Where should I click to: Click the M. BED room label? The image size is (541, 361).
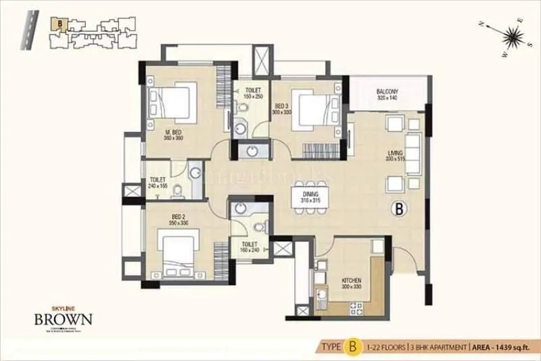tap(174, 133)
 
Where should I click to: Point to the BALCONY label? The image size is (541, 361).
tap(387, 92)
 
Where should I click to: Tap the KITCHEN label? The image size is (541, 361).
tap(351, 280)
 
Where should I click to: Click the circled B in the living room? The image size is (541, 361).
tap(399, 209)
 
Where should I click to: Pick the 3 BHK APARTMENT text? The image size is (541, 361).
tap(439, 347)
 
